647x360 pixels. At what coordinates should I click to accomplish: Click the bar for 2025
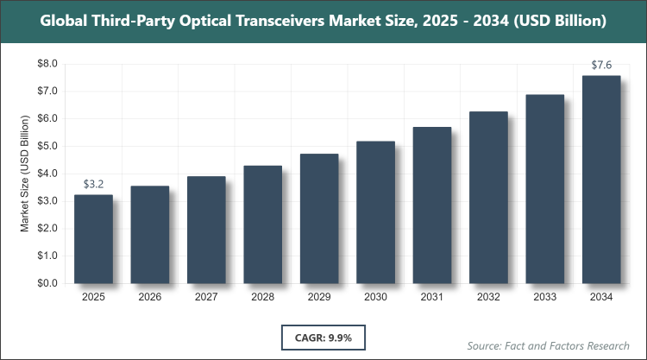[x=93, y=239]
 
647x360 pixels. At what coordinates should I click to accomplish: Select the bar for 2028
[x=262, y=224]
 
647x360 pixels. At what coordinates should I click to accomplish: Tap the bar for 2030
[x=375, y=212]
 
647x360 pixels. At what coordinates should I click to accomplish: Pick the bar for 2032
[x=488, y=198]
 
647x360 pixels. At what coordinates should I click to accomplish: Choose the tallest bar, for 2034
[x=601, y=180]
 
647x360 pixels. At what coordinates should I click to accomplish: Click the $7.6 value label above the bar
[x=601, y=65]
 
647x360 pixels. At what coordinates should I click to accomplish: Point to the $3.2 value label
[x=93, y=184]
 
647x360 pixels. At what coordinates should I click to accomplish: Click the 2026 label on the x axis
[x=149, y=298]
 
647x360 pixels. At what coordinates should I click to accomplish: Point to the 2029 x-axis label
[x=319, y=298]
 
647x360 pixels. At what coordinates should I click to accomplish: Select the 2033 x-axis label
[x=544, y=298]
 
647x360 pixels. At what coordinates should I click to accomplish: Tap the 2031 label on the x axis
[x=431, y=298]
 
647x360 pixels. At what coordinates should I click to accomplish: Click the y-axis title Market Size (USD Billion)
[x=26, y=174]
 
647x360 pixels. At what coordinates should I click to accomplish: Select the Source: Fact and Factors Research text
[x=549, y=345]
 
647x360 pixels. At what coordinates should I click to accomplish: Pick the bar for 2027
[x=206, y=230]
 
